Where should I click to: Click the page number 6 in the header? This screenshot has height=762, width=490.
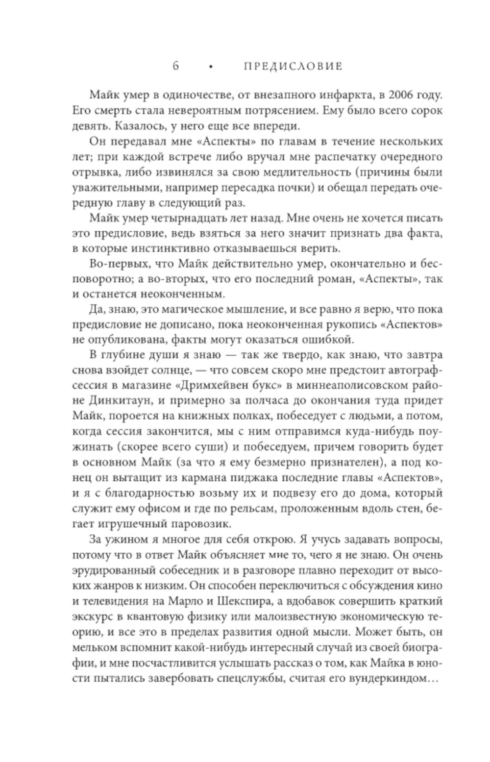pos(175,66)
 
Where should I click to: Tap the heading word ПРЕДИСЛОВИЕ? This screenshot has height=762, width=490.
pos(293,66)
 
